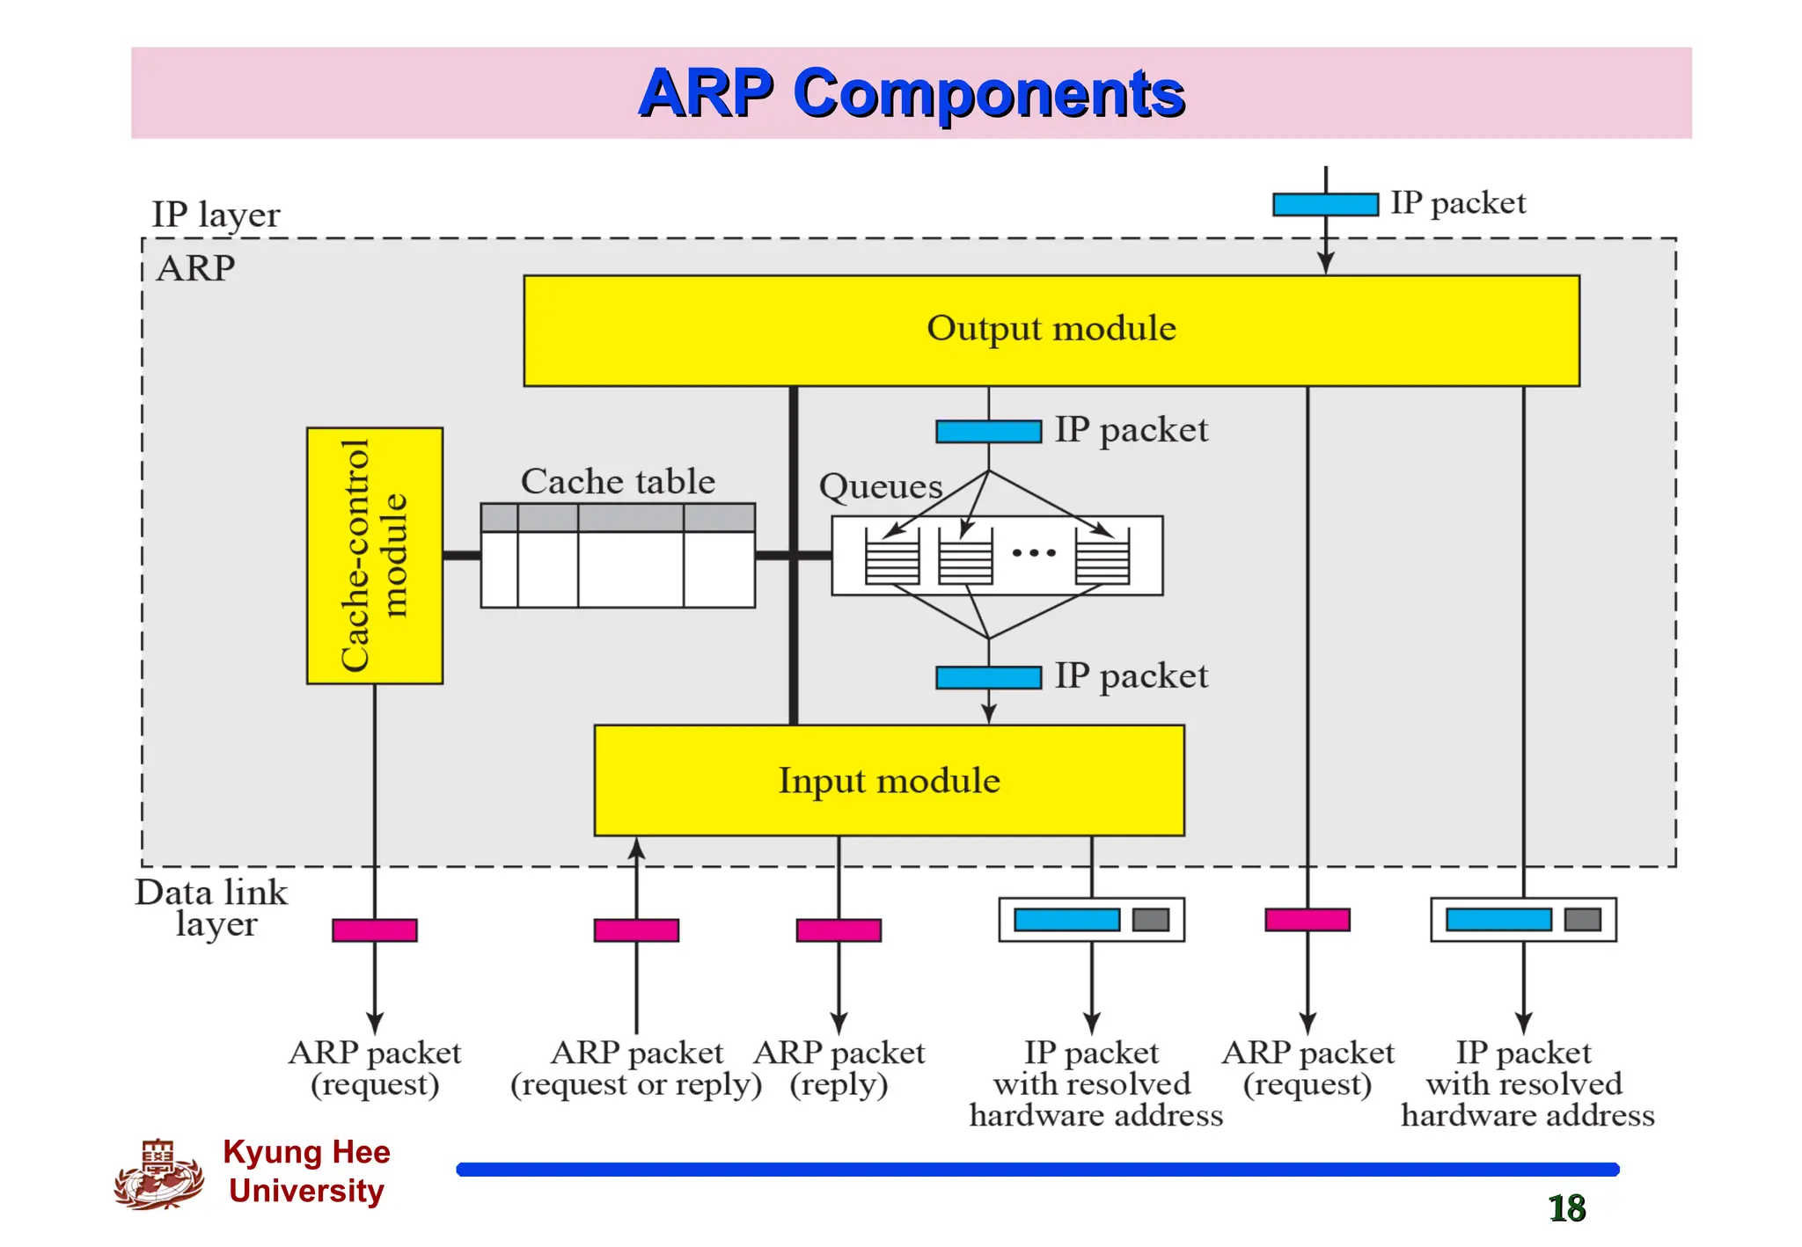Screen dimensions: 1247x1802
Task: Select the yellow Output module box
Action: pyautogui.click(x=1051, y=331)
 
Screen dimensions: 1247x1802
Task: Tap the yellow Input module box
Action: pyautogui.click(x=889, y=780)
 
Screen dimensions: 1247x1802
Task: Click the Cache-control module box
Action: pyautogui.click(x=374, y=556)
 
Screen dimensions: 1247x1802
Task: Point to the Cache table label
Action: pyautogui.click(x=618, y=481)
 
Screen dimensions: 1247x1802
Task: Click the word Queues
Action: pyautogui.click(x=880, y=486)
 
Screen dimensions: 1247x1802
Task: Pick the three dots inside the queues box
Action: pyautogui.click(x=1033, y=553)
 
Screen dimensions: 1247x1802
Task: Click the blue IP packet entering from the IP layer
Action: pyautogui.click(x=1325, y=204)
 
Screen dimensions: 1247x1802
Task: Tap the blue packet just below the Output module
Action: pyautogui.click(x=988, y=431)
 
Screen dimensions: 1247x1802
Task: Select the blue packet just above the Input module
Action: pyautogui.click(x=988, y=677)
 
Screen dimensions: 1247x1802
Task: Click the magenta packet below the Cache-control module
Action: pyautogui.click(x=374, y=930)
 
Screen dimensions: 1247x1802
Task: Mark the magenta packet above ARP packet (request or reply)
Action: pyautogui.click(x=636, y=930)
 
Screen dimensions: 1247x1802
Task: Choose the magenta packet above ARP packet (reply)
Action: pyautogui.click(x=839, y=930)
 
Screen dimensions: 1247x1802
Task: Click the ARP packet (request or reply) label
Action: pyautogui.click(x=636, y=1068)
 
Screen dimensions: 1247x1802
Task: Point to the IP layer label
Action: pyautogui.click(x=216, y=215)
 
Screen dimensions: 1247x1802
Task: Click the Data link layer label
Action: pyautogui.click(x=211, y=908)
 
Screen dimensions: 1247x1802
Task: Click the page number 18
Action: pyautogui.click(x=1566, y=1208)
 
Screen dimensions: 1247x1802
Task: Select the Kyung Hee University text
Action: pyautogui.click(x=306, y=1170)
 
